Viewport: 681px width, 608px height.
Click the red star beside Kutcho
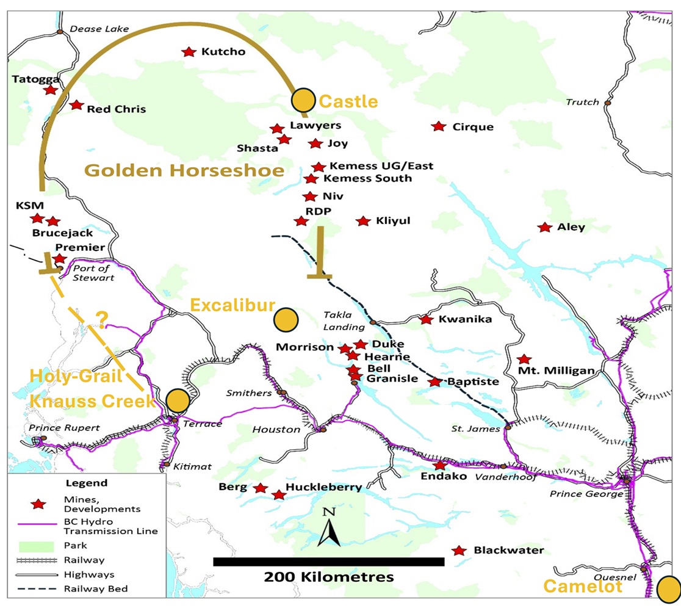[189, 52]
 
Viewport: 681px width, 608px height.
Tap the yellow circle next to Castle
[303, 100]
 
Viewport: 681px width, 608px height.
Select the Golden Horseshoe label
[184, 170]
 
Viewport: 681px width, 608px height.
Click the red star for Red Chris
[76, 105]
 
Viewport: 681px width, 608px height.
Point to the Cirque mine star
[438, 126]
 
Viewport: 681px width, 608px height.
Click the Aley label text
[571, 227]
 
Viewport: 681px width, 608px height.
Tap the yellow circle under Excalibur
[285, 320]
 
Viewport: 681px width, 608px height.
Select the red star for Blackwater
[459, 551]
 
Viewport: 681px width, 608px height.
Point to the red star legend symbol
[38, 504]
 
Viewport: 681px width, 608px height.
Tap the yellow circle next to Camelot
[669, 589]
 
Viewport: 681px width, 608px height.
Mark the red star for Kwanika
[427, 319]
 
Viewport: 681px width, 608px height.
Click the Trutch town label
[582, 102]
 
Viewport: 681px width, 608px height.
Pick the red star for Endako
[439, 465]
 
